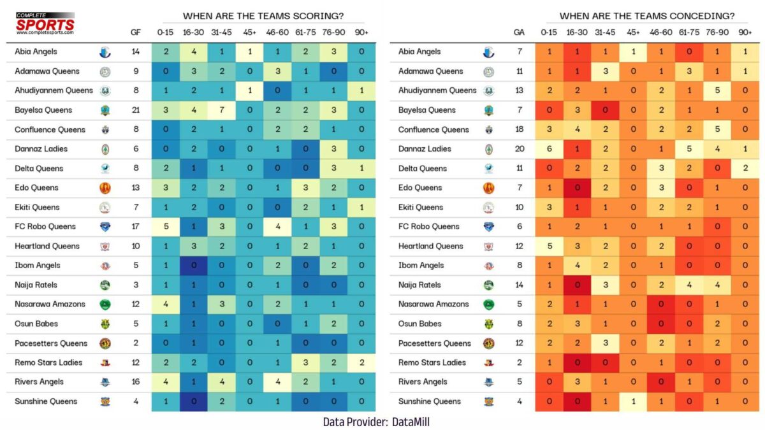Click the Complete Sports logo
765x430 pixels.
(45, 24)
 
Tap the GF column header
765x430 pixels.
(136, 32)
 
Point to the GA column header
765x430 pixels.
(519, 32)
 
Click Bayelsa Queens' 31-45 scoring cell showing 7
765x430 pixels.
(221, 110)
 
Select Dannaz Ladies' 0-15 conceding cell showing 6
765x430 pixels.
(548, 149)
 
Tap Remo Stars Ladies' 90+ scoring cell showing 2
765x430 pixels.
(361, 362)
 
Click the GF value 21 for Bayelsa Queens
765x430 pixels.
(136, 110)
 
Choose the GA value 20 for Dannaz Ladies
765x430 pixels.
(519, 149)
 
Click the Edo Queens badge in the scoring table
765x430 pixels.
(105, 188)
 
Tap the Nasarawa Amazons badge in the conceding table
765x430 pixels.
(489, 305)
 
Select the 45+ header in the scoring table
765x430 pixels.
(249, 32)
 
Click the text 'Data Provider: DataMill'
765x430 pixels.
(380, 421)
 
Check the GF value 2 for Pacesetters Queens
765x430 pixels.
(136, 343)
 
